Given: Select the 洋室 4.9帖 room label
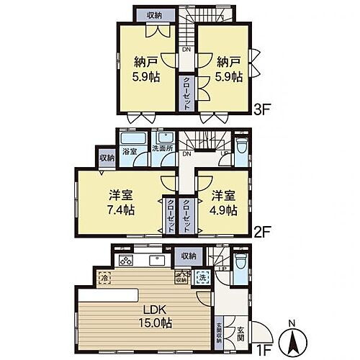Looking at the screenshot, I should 224,202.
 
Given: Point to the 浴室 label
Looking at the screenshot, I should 129,153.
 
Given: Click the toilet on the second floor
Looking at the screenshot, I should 243,146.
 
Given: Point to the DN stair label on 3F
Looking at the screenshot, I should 186,50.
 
